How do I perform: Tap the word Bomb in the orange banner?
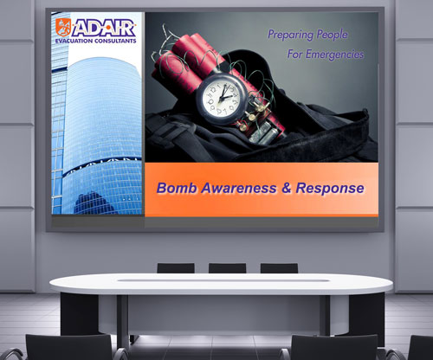pos(177,188)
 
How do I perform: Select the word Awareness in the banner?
pos(237,188)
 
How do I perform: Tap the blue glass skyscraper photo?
pos(97,130)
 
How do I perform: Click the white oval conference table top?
pos(216,284)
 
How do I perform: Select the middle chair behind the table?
pos(226,268)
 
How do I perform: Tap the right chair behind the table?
pos(279,268)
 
